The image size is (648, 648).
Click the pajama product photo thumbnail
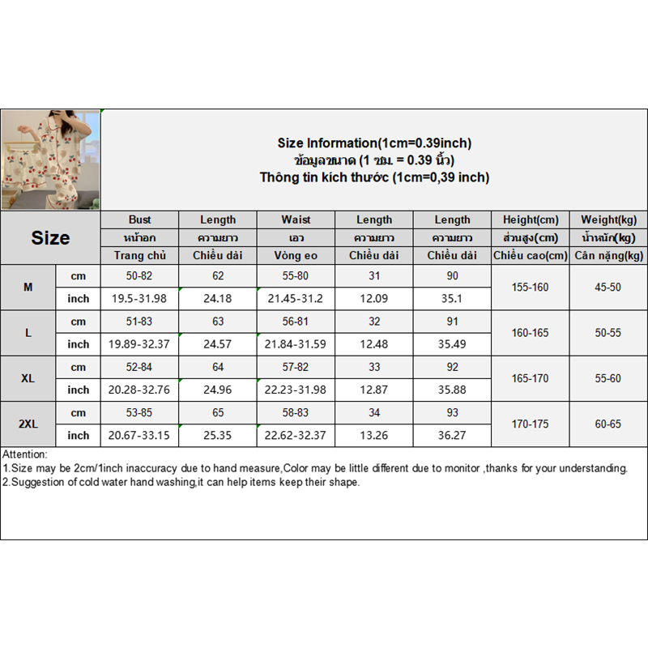pos(50,160)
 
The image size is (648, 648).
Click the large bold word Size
pos(50,238)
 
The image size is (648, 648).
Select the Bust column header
pos(139,220)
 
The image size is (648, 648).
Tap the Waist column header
pos(296,220)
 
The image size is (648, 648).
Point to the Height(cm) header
pos(531,220)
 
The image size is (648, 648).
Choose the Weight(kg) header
pos(608,220)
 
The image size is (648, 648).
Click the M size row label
pos(28,288)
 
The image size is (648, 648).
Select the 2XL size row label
pos(28,424)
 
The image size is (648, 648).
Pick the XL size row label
pos(28,378)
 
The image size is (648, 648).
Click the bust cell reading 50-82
pos(139,276)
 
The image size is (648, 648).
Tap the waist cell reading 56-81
pos(296,322)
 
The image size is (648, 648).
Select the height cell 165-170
pos(531,378)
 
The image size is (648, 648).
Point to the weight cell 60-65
pos(608,424)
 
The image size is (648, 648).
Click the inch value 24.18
pos(218,299)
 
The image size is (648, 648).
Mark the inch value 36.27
pos(452,435)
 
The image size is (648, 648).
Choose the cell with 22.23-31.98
pos(296,390)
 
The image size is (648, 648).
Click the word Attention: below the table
pos(25,455)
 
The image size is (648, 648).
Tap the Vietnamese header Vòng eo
pos(296,256)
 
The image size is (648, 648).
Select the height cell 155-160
pos(531,288)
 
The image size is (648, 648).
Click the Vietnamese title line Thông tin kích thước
pos(374,177)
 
